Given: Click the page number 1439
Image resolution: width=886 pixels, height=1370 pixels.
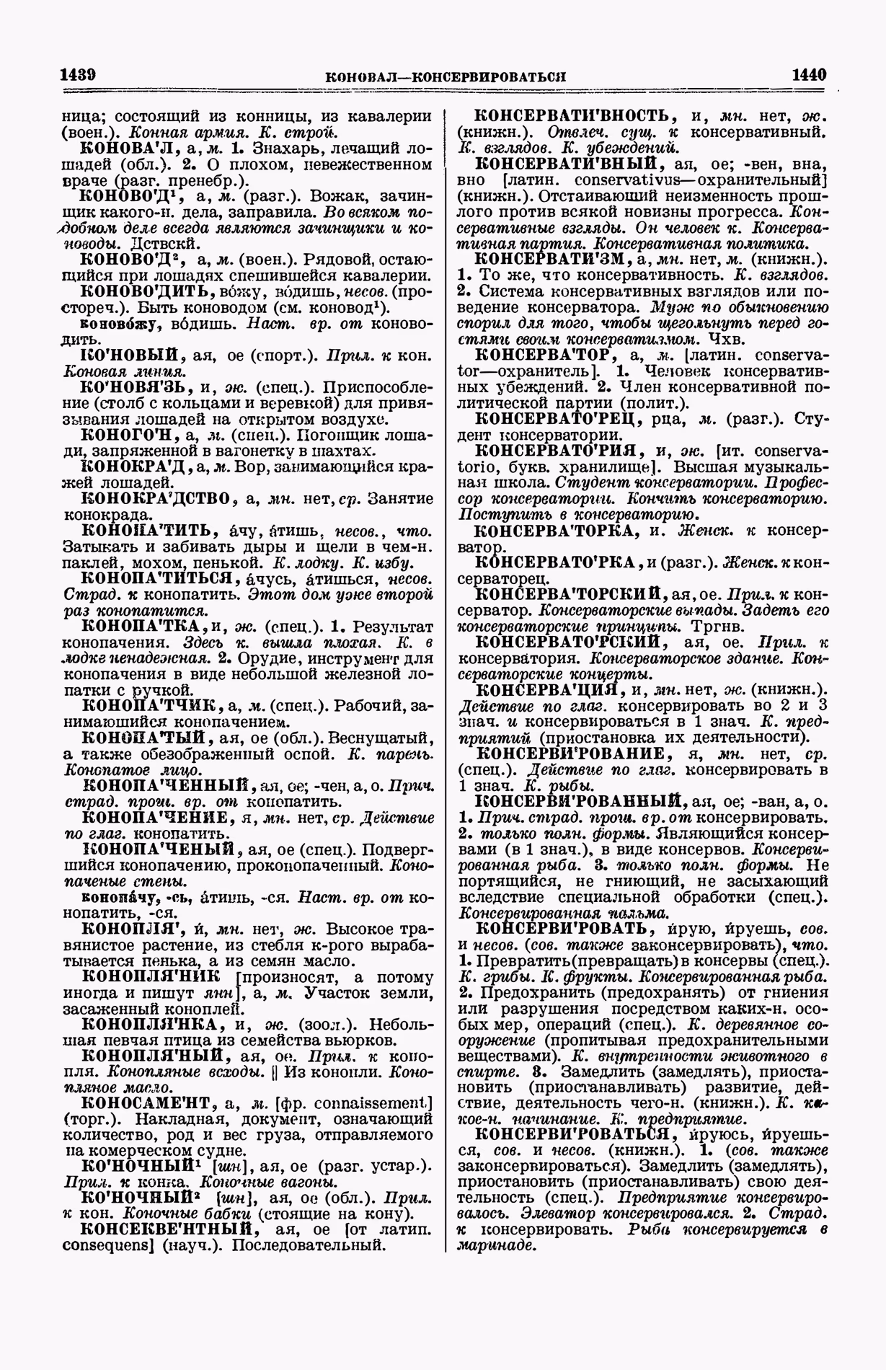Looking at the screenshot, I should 79,75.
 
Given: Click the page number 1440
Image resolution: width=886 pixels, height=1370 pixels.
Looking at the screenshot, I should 808,75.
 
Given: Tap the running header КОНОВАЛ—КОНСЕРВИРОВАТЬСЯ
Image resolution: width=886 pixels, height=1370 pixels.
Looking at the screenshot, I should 445,76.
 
